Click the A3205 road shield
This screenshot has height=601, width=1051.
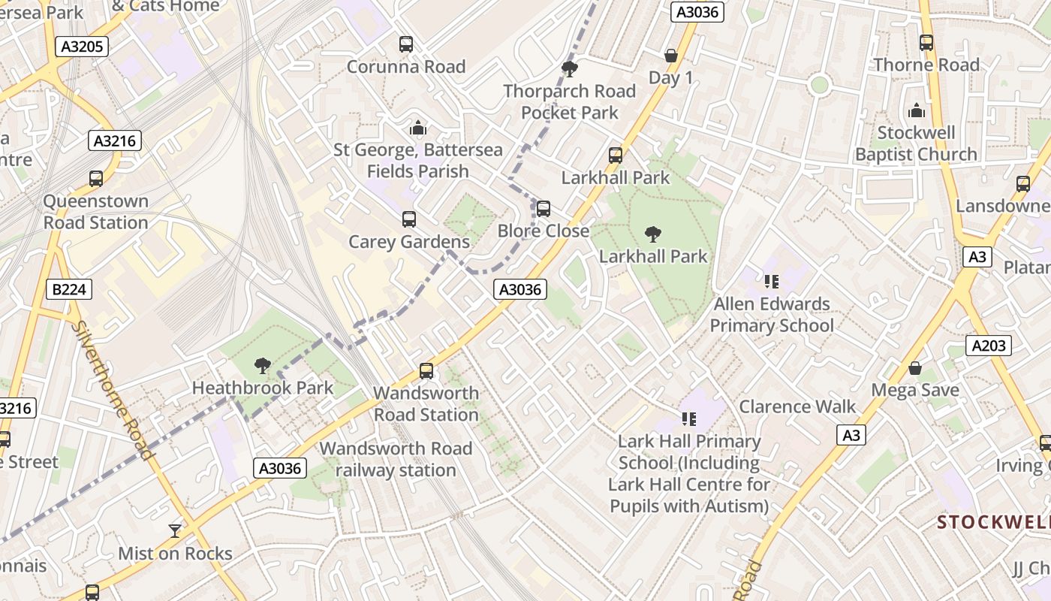[82, 47]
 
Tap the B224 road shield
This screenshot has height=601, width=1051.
[69, 289]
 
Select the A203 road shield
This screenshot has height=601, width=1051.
[989, 346]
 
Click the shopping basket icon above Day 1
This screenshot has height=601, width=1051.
[670, 56]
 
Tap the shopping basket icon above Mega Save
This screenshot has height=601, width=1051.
[914, 368]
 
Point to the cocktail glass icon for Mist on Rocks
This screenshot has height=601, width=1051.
[175, 530]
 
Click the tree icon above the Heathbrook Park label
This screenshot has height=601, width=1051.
[262, 366]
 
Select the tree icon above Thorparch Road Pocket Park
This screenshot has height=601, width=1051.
[569, 69]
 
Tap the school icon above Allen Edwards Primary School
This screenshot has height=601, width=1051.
[771, 282]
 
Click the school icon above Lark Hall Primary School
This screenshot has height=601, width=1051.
[688, 419]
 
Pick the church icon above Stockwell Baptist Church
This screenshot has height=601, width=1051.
[916, 111]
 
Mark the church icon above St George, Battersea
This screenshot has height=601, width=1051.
[418, 128]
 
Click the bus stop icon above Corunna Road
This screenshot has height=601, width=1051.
[406, 44]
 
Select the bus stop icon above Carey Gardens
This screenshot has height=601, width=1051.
[408, 219]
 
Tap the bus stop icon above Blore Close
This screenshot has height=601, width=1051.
[543, 208]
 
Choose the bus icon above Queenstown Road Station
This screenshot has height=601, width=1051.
[95, 179]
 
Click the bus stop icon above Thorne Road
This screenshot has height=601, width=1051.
[926, 43]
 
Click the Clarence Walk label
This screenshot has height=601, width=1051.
[797, 406]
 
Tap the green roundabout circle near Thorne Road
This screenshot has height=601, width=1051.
[819, 85]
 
